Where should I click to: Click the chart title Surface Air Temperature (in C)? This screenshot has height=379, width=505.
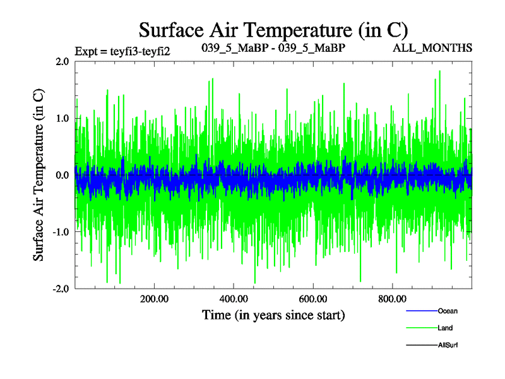[273, 29]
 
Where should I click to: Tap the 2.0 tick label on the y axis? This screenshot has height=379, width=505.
[62, 62]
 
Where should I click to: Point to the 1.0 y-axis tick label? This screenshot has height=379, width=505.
[62, 119]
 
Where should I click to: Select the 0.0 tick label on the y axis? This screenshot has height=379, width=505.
[62, 175]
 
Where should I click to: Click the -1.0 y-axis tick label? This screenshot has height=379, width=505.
[61, 232]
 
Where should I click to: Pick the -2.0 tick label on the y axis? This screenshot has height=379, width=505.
[61, 289]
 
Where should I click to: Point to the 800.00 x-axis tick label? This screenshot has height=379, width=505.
[392, 299]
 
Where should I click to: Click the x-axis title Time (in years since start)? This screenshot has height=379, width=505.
[273, 314]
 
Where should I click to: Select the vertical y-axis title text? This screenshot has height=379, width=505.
[39, 175]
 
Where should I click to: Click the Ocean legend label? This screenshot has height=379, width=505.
[448, 311]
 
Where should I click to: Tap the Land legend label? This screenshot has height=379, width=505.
[445, 328]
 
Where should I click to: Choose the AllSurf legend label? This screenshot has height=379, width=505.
[448, 345]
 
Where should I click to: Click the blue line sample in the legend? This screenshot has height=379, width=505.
[421, 311]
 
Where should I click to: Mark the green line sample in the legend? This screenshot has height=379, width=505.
[421, 328]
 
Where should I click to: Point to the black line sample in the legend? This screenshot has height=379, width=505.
[421, 345]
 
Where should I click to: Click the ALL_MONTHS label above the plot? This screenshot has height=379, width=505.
[432, 48]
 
